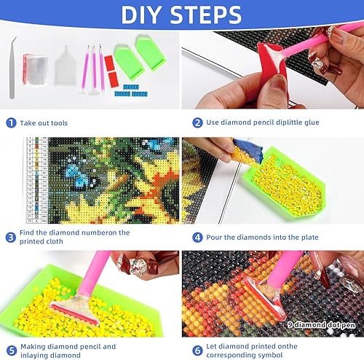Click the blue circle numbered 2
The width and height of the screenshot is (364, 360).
click(197, 124)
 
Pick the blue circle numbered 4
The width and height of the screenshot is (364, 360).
click(197, 238)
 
